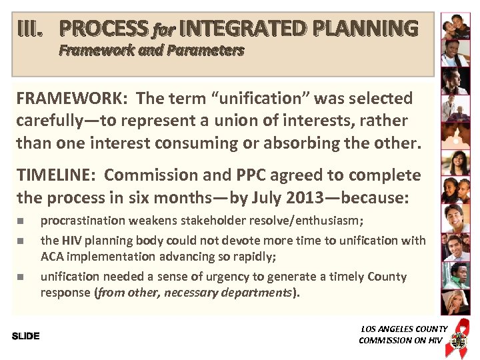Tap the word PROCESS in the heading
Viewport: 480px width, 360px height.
(x=103, y=29)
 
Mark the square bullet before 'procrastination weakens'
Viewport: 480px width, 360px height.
(x=21, y=221)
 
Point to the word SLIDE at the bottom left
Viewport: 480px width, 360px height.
(x=26, y=336)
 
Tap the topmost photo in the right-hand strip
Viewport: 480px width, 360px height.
(x=455, y=27)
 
